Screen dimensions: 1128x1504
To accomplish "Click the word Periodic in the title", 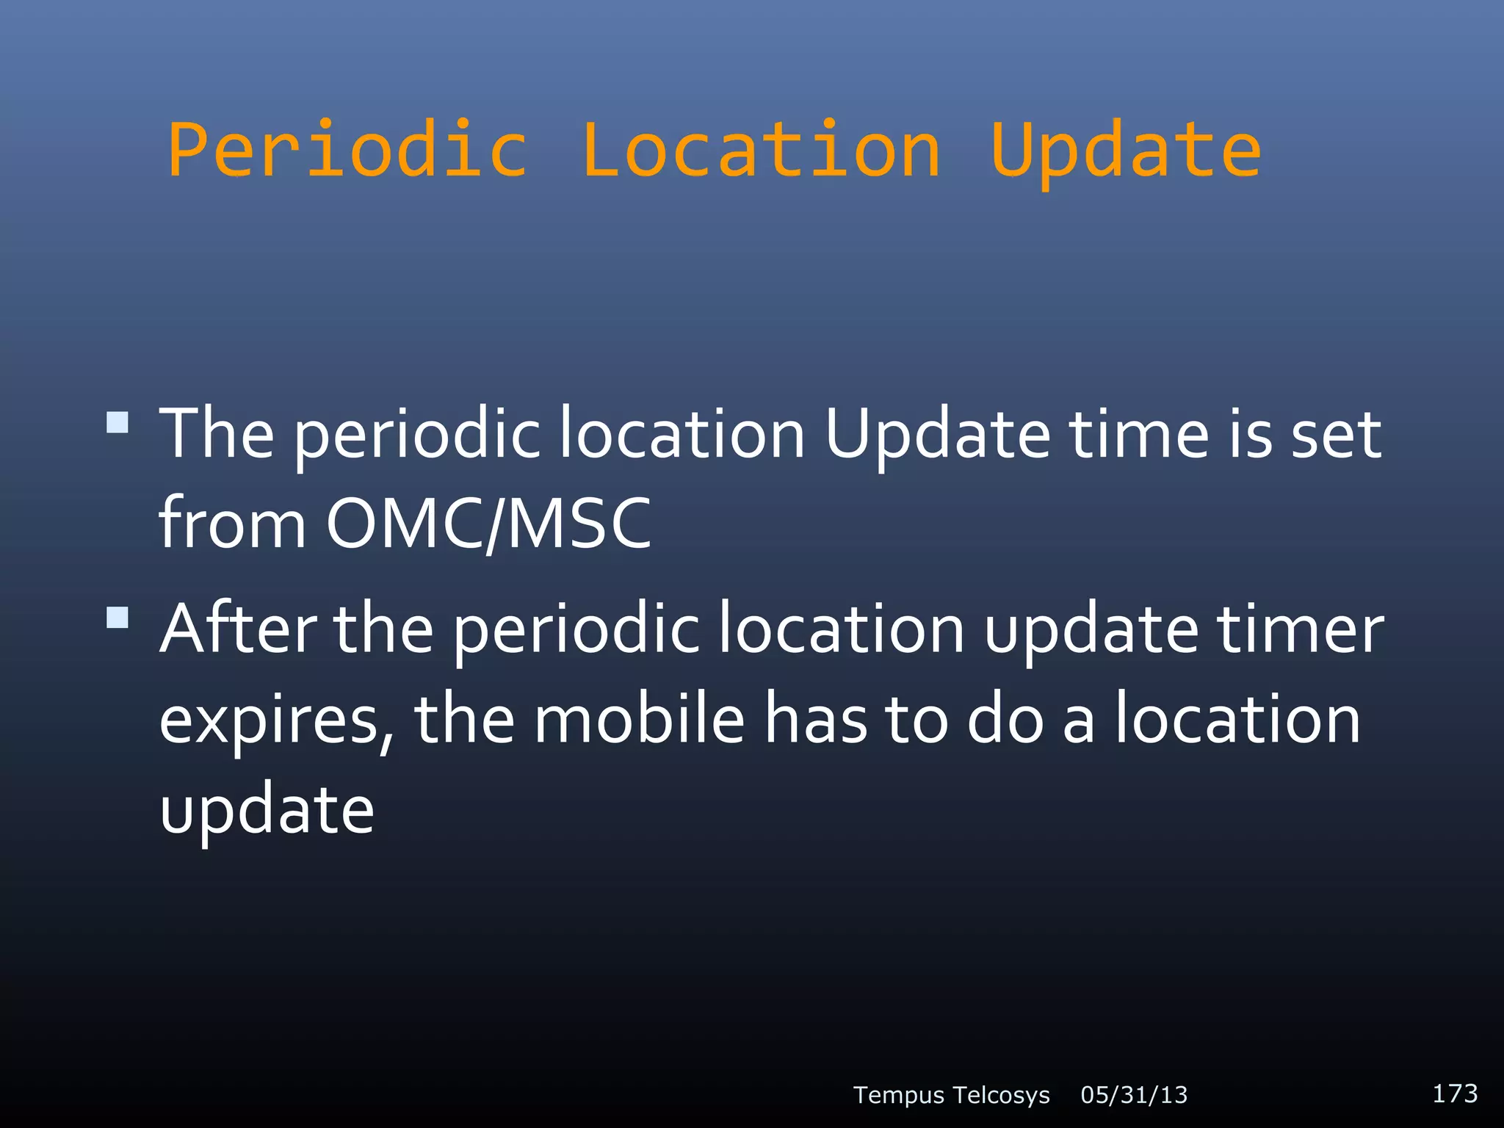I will (347, 151).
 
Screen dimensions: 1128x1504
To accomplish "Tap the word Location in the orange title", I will (761, 151).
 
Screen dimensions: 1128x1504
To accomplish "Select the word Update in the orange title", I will (1126, 151).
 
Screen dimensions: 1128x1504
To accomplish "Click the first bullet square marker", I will (117, 423).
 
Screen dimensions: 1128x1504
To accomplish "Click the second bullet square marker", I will (117, 617).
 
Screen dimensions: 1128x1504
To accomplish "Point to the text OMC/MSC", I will (488, 524).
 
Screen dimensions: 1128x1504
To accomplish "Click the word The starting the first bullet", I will (217, 435).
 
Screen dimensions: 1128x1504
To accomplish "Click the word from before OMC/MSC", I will (232, 524).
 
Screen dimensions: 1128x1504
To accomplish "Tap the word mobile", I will (639, 720).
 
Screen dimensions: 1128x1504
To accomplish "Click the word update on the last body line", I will (267, 810).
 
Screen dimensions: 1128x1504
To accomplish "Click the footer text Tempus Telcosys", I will (951, 1095).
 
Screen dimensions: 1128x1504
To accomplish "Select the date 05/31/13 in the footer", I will (1134, 1095).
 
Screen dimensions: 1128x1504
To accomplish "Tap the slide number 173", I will (1455, 1093).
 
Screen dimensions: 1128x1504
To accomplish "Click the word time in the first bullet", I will (1138, 435).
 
